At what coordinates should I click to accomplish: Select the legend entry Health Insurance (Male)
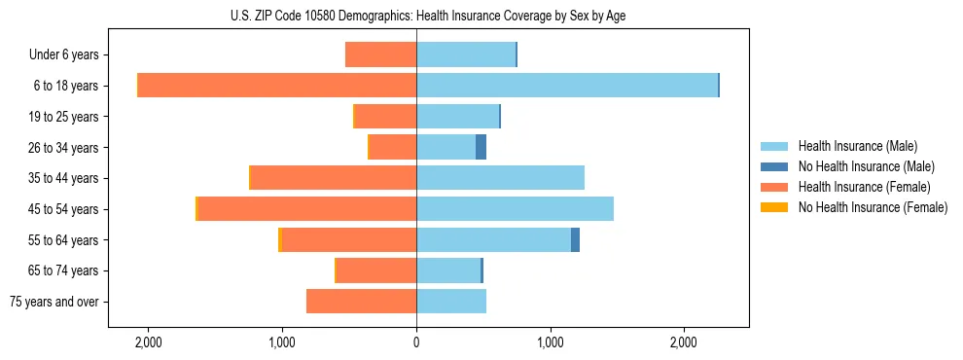coord(857,146)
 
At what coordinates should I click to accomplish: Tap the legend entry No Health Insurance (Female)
coord(873,207)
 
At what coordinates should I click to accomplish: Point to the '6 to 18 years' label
coord(65,86)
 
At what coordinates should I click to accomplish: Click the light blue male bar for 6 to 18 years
coord(567,86)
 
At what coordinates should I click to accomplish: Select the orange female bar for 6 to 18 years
coord(277,86)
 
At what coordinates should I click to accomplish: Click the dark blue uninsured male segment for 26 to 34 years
coord(481,148)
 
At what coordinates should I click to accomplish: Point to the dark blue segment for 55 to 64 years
coord(575,240)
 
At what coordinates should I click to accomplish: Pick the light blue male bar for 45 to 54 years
coord(515,209)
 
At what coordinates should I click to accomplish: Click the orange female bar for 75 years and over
coord(362,302)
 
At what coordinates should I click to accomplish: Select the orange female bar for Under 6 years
coord(381,54)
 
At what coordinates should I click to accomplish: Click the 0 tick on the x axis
coord(416,342)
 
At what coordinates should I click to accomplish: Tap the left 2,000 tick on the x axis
coord(149,342)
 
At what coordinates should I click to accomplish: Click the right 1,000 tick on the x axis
coord(551,342)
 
